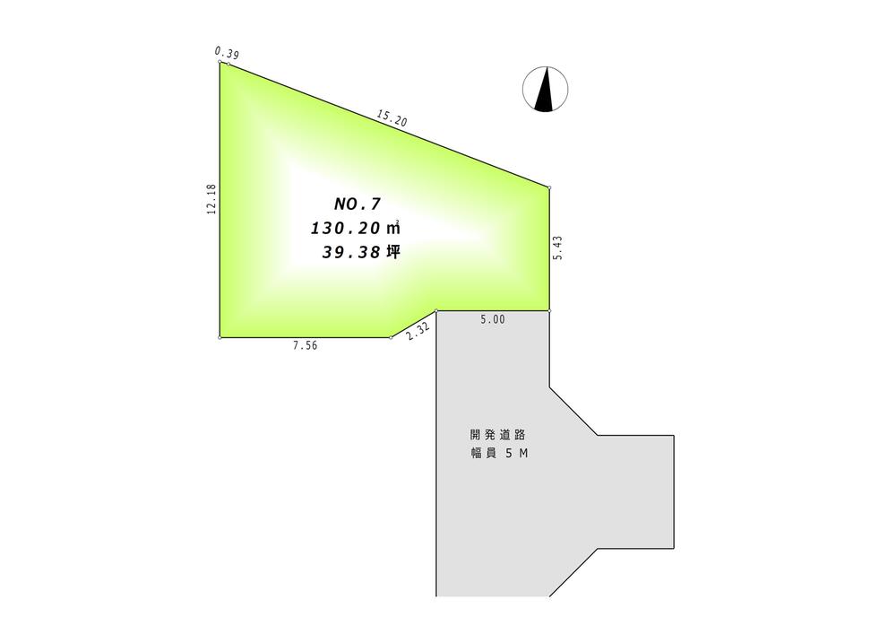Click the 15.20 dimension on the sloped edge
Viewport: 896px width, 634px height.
point(392,118)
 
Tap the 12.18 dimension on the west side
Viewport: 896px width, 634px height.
point(211,199)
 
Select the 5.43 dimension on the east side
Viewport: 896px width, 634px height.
point(557,248)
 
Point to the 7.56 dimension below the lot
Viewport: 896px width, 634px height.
point(305,346)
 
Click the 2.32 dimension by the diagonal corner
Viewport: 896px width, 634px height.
point(418,332)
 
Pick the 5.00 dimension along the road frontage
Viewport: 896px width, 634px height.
point(493,319)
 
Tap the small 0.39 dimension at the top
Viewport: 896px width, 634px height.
point(227,53)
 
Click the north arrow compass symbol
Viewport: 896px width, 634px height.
point(545,89)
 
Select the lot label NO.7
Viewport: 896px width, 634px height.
point(358,204)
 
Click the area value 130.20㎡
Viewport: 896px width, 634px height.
point(355,228)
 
